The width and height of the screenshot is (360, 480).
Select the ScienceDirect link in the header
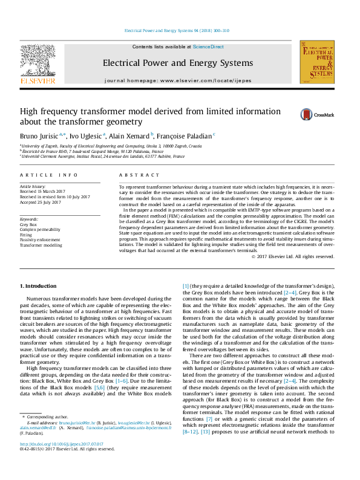click(208, 47)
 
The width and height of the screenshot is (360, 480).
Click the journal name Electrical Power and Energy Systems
click(177, 63)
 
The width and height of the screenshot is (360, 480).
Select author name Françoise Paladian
click(188, 136)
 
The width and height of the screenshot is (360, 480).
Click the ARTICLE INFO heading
click(49, 175)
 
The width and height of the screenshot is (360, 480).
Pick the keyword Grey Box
click(28, 224)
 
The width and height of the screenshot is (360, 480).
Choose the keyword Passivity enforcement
click(42, 241)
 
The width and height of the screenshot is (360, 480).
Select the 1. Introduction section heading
click(39, 285)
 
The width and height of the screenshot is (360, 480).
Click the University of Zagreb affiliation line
click(110, 146)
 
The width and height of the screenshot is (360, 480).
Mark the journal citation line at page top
click(177, 30)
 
